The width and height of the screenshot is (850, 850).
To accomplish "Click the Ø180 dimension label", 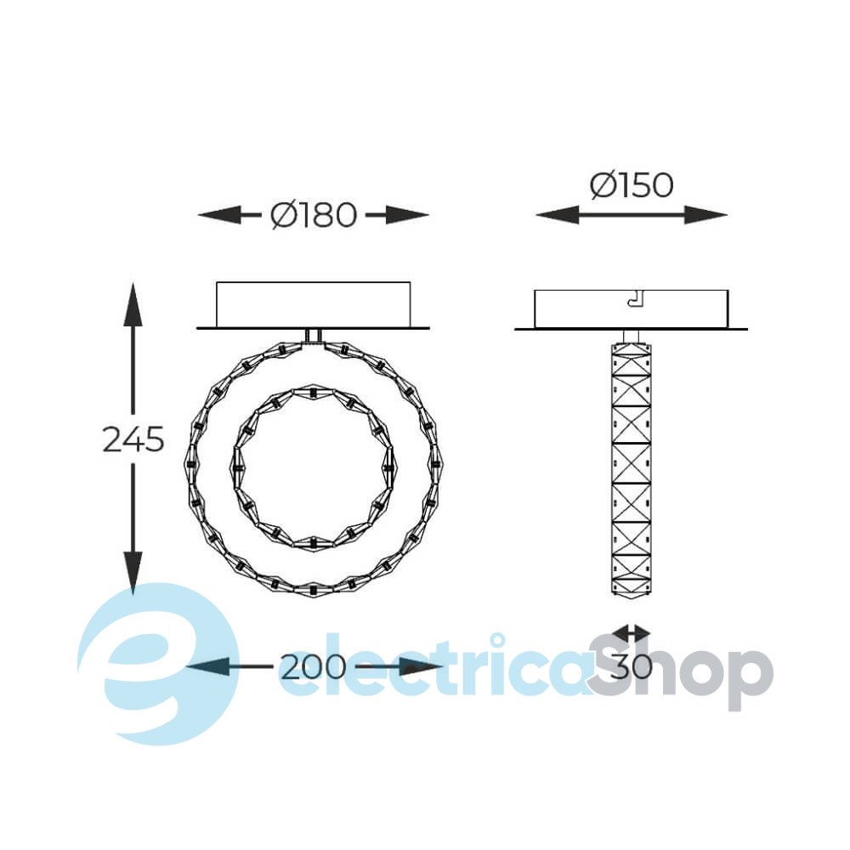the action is click(x=314, y=215).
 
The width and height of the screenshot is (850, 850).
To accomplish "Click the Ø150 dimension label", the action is click(x=632, y=185).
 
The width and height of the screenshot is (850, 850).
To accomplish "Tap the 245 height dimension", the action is click(x=133, y=439).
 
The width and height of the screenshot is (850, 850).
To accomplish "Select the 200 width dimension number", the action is click(x=313, y=666).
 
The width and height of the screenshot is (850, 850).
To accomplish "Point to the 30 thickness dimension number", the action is click(x=631, y=666).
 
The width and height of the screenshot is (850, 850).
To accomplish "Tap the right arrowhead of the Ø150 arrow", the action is click(x=705, y=215).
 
